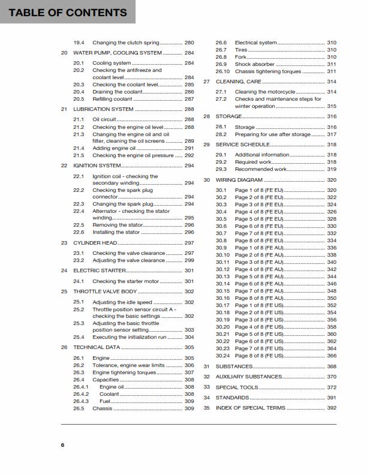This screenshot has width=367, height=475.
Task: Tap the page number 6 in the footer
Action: click(62, 444)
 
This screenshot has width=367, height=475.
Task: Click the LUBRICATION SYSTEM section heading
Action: click(103, 109)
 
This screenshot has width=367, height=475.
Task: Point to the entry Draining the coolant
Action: click(118, 91)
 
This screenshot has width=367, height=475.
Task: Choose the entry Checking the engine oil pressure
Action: click(133, 155)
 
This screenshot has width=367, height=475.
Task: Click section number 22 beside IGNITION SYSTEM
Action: click(64, 165)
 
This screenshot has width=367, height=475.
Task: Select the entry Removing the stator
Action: click(118, 225)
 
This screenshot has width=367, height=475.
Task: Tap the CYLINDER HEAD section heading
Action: click(95, 243)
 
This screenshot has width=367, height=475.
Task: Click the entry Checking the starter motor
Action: click(125, 281)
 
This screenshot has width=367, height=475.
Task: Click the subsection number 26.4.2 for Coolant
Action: click(82, 394)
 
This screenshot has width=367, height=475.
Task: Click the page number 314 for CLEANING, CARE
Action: click(332, 81)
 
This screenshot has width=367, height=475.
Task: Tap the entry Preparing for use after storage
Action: click(273, 135)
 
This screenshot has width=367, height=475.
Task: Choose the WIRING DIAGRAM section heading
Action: click(239, 180)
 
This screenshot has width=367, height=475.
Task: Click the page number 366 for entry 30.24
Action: click(332, 356)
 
